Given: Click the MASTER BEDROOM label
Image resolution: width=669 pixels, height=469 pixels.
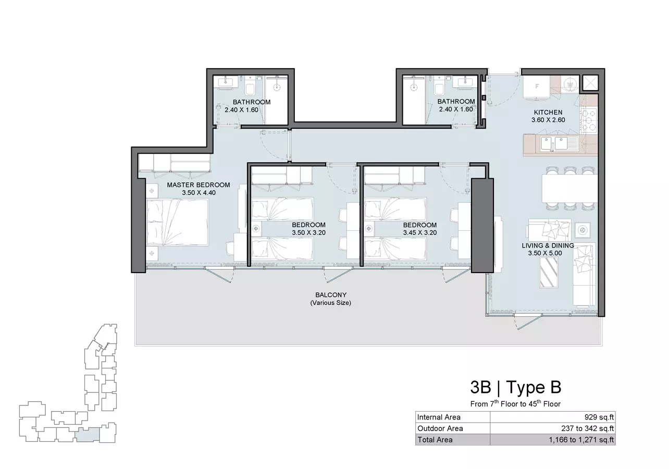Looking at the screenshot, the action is [x=199, y=185].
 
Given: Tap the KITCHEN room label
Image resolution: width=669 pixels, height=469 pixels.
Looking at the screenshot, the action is [x=548, y=113].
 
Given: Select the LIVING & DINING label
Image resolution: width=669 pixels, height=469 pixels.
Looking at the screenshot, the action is [x=548, y=245].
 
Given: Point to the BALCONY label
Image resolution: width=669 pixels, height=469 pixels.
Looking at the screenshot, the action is [x=331, y=295].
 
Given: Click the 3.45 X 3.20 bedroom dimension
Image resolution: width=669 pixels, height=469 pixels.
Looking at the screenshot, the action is [x=420, y=233].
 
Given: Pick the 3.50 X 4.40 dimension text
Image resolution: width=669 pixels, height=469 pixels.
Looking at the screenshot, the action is [x=199, y=193].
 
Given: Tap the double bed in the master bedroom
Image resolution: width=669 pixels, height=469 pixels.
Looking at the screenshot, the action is [x=177, y=222].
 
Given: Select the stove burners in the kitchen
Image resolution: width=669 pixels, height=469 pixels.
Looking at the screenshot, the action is [x=589, y=121].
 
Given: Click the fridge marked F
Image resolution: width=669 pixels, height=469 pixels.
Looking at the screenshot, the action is [x=536, y=87].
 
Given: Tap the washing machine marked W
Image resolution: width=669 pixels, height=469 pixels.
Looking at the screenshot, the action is [x=570, y=84].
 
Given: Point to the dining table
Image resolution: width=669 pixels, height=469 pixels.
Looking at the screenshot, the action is [x=570, y=189].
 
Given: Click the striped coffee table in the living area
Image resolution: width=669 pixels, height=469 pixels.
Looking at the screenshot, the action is [x=549, y=272].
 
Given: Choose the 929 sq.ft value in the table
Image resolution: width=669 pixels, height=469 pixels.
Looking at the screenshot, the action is [x=599, y=417].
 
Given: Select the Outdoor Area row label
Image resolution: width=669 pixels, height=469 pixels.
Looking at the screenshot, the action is [x=440, y=428].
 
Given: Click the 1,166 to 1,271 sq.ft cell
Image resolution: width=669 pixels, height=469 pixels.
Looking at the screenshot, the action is [x=581, y=440].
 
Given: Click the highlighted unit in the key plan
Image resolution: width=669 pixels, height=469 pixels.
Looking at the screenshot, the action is [x=88, y=435].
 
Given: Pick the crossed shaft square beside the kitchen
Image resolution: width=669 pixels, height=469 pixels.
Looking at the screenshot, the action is [x=590, y=83].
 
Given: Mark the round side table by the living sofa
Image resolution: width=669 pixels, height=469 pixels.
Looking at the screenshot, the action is [x=582, y=230].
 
